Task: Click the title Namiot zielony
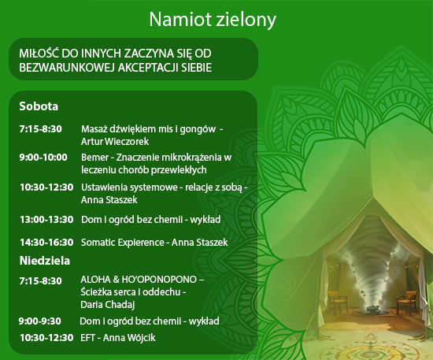click(213, 20)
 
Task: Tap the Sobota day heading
click(39, 106)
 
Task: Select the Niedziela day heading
click(45, 261)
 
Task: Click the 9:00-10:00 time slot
click(43, 158)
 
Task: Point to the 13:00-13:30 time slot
click(46, 220)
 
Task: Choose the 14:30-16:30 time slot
click(46, 243)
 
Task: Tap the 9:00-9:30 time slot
click(40, 321)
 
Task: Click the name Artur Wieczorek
click(115, 142)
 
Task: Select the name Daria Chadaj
click(108, 305)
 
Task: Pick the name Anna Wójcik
click(129, 338)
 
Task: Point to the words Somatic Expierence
click(123, 243)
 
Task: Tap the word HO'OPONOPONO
click(159, 280)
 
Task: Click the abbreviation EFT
click(88, 338)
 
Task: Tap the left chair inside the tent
click(338, 302)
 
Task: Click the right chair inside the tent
click(406, 302)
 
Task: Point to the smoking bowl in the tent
click(375, 310)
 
